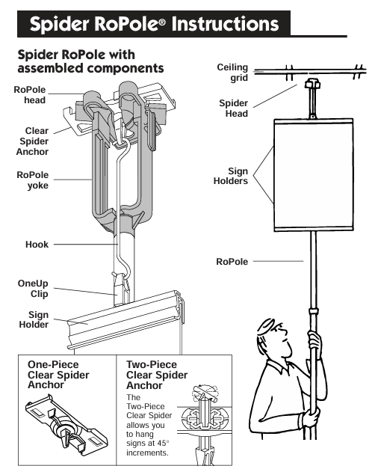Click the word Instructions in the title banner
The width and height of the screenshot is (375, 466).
tap(225, 24)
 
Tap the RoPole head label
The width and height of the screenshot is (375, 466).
tap(30, 95)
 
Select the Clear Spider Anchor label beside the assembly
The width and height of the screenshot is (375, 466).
tap(32, 141)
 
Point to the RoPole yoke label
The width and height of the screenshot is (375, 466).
tap(33, 180)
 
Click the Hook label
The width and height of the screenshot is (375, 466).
tap(37, 245)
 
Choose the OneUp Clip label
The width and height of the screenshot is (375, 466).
tap(33, 288)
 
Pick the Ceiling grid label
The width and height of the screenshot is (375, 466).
tap(232, 73)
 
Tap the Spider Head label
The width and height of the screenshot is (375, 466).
tap(234, 108)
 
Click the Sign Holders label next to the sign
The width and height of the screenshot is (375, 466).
tap(231, 176)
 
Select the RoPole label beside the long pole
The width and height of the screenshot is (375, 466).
tap(232, 262)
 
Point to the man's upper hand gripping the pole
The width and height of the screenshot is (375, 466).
tap(315, 342)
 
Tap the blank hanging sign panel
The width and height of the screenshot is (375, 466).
tap(314, 175)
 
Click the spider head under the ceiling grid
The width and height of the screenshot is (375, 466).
tap(313, 84)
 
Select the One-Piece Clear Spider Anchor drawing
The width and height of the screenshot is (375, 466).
tap(66, 421)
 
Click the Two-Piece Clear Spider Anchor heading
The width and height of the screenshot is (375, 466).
tap(157, 375)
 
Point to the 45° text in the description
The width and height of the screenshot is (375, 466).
tap(162, 443)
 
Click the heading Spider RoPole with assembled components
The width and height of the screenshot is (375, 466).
tap(90, 61)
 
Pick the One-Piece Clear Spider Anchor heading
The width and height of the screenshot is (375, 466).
tap(58, 375)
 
